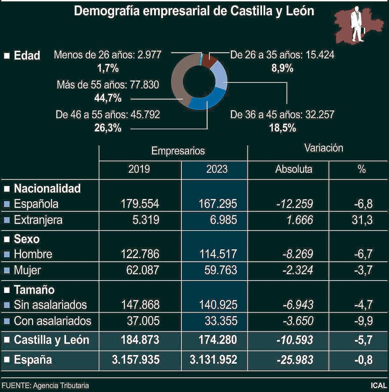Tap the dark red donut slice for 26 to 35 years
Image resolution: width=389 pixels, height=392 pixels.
(209, 60)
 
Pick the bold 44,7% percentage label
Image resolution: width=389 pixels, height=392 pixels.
(107, 98)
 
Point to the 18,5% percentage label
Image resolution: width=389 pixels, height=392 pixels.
(282, 128)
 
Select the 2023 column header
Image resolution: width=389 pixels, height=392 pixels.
(214, 169)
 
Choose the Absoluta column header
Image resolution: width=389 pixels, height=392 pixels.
(294, 169)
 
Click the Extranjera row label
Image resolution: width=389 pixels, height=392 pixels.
(38, 220)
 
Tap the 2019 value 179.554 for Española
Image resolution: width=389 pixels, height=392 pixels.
(139, 204)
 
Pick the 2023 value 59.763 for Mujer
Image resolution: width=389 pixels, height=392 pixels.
(218, 270)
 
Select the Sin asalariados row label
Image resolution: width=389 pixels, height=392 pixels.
(50, 305)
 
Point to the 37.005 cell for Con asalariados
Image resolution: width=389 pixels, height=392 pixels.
(141, 321)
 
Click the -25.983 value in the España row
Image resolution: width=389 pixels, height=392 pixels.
(294, 360)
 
